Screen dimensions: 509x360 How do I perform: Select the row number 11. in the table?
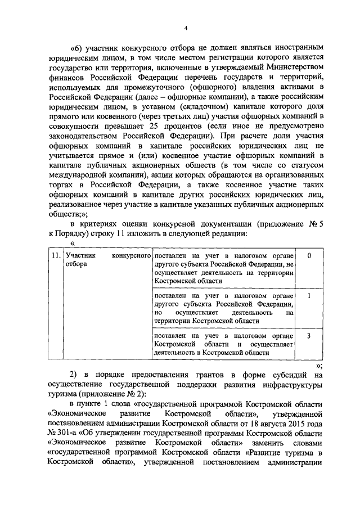(55, 255)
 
